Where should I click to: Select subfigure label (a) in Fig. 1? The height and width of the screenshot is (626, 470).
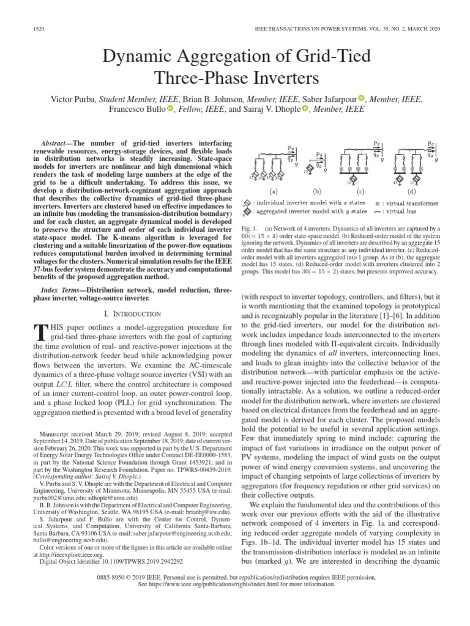coord(274,190)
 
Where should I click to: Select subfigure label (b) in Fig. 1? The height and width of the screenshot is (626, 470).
coord(316,190)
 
